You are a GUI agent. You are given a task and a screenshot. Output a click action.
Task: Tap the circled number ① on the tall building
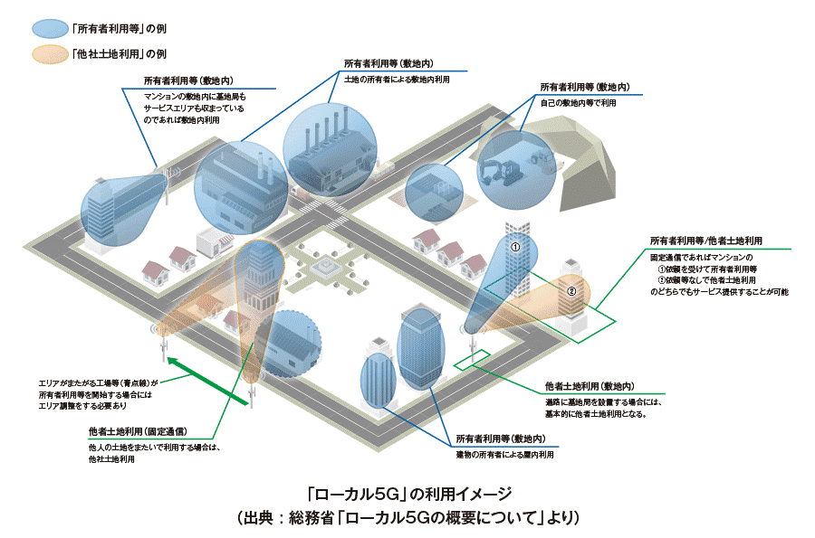514,245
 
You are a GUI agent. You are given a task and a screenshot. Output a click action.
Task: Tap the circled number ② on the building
571,291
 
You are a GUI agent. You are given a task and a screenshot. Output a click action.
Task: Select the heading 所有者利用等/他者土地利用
705,241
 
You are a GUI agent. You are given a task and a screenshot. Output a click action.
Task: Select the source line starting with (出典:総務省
407,518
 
